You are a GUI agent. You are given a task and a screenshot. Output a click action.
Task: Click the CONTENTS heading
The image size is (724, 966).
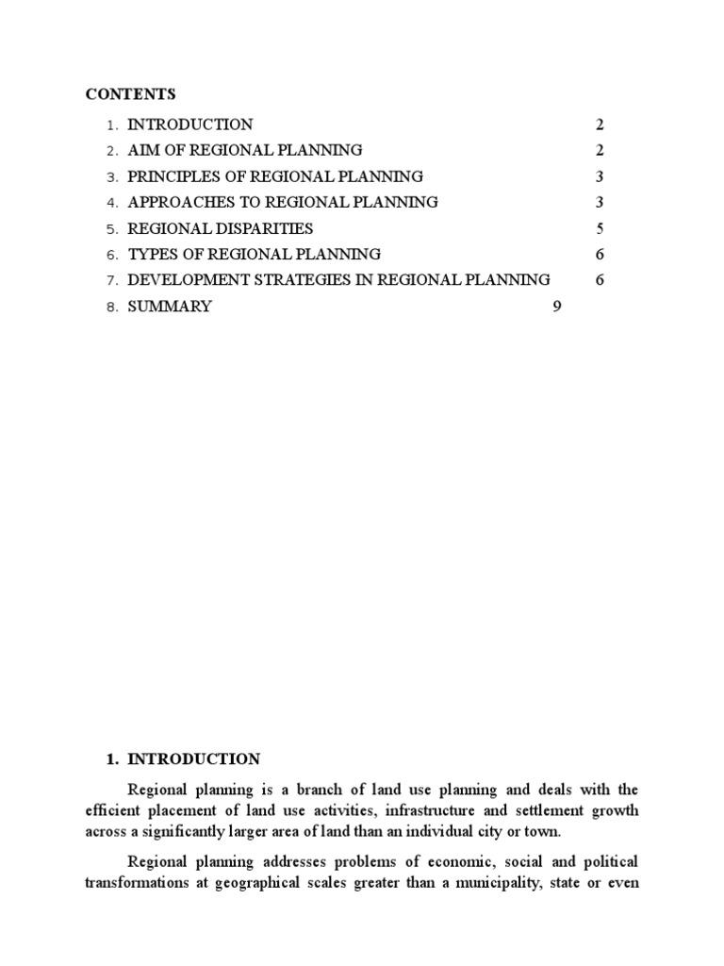click(x=130, y=94)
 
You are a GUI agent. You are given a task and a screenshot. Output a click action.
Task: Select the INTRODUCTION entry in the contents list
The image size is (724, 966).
click(x=189, y=125)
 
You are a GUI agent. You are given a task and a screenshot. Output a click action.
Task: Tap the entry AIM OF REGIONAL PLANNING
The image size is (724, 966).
click(x=244, y=150)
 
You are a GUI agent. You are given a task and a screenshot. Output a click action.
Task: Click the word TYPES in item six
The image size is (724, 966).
click(x=149, y=254)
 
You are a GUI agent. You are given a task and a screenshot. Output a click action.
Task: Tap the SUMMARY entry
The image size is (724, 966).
click(x=170, y=307)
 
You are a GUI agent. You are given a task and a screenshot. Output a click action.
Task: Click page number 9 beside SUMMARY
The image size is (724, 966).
click(x=557, y=307)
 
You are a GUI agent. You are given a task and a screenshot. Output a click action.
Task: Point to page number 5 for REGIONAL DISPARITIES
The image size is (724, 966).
click(x=600, y=228)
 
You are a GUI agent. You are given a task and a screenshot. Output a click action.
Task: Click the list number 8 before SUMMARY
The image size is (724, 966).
click(x=111, y=307)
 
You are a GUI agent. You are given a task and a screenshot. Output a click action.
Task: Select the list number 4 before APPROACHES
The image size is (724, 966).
click(x=111, y=203)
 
